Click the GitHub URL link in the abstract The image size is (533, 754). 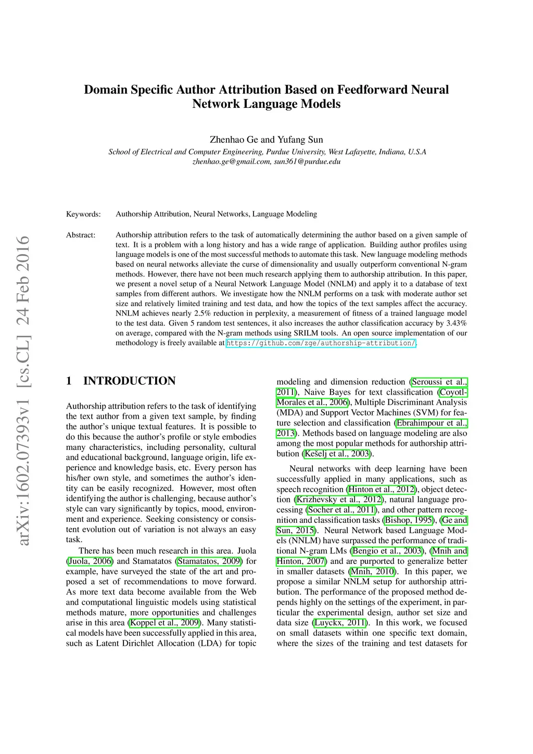(x=321, y=343)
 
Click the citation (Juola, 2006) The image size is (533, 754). (x=90, y=561)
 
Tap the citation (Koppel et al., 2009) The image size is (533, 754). (x=165, y=623)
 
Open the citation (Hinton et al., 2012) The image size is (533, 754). (x=382, y=489)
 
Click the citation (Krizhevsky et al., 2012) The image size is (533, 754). (x=338, y=500)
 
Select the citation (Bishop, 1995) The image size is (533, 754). (x=409, y=520)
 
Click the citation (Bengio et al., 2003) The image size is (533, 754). (x=387, y=551)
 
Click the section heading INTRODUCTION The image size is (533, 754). (x=129, y=381)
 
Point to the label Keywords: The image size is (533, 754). (x=83, y=214)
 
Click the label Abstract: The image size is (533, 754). (x=81, y=235)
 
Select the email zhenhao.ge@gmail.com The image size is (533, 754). (x=232, y=161)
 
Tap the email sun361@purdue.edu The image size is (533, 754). (x=307, y=161)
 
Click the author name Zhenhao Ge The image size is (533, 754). (x=234, y=140)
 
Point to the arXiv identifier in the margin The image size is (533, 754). (x=23, y=391)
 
